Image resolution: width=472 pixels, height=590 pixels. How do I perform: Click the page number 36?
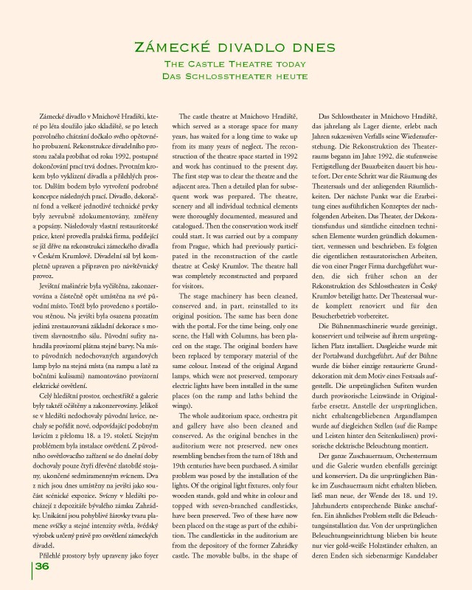coord(42,566)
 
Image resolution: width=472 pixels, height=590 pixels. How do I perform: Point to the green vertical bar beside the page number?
coord(31,566)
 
